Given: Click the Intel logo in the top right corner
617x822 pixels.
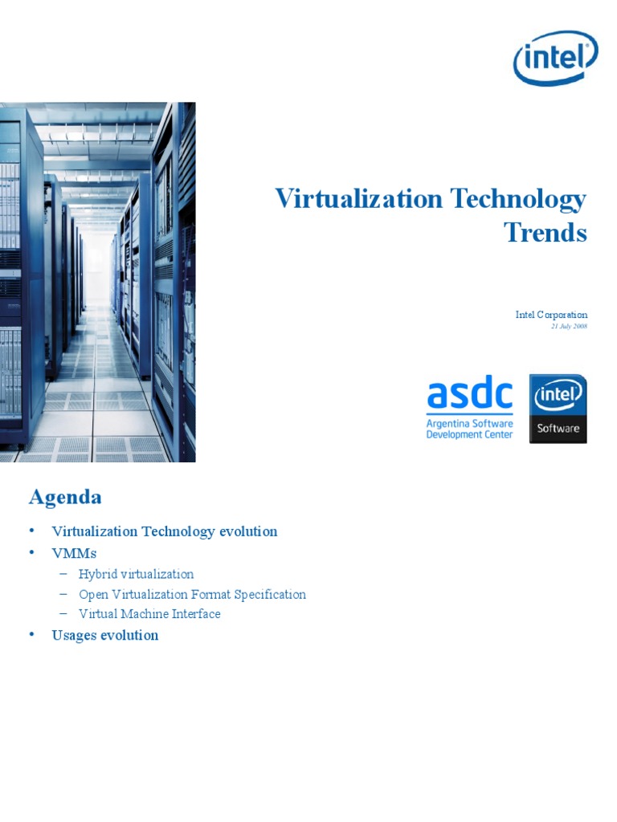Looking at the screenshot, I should pos(555,58).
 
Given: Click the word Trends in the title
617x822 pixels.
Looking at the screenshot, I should pos(545,232).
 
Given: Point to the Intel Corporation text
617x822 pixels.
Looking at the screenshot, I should pos(551,315).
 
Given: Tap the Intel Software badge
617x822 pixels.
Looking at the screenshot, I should pos(558,408).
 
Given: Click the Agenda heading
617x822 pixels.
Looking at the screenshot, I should pos(65,497).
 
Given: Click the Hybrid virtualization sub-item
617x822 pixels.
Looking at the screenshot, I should pos(136,574).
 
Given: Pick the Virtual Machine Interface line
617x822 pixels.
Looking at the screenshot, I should pos(149,613).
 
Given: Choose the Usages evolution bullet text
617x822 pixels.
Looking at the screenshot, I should pos(104,635).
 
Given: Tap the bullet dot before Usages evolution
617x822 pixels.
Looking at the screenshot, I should pos(32,634).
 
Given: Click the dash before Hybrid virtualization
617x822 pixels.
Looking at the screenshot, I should pos(64,574).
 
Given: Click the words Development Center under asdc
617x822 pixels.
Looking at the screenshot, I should pos(469,434).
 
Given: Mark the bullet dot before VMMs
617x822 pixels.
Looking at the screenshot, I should pos(32,552).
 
